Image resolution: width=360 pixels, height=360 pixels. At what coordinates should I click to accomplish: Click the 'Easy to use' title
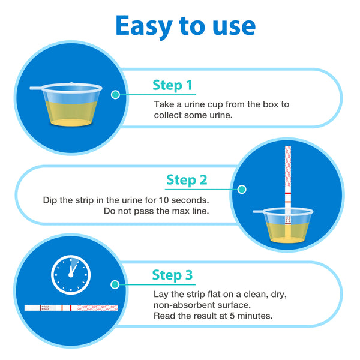(x=185, y=26)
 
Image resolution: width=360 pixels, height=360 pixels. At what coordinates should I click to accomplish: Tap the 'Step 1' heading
(x=172, y=85)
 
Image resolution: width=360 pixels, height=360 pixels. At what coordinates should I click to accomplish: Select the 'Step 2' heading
(x=187, y=180)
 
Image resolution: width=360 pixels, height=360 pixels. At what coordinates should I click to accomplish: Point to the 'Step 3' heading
(x=172, y=275)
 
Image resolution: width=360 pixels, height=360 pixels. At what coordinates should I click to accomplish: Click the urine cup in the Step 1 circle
(x=66, y=104)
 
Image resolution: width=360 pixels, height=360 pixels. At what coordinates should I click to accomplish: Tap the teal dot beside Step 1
(x=115, y=95)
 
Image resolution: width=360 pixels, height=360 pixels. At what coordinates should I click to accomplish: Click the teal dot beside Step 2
(x=242, y=190)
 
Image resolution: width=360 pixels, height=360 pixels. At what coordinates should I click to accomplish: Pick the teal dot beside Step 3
(x=115, y=284)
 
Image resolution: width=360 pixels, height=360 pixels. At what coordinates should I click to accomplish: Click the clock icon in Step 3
(x=71, y=275)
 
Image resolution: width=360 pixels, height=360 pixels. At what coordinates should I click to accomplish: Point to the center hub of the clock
(x=71, y=275)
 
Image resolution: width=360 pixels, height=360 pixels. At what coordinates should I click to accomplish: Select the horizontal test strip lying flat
(x=71, y=308)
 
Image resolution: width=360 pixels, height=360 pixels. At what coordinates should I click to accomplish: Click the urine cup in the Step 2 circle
(x=283, y=225)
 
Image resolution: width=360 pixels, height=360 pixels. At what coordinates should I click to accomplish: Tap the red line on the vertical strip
(x=288, y=193)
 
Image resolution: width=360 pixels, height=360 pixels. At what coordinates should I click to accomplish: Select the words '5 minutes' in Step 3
(x=251, y=316)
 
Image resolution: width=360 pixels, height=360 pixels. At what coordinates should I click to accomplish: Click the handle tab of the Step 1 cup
(x=36, y=88)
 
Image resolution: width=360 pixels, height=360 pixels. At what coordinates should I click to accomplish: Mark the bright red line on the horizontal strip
(x=70, y=308)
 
